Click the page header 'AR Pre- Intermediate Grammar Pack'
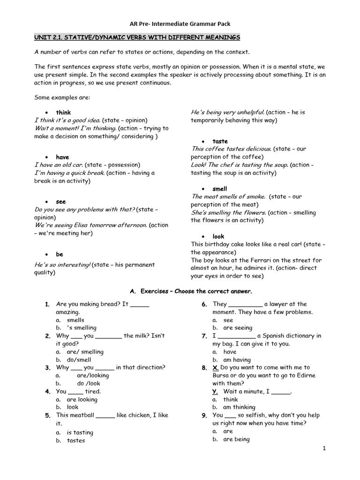[180, 23]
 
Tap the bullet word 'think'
[63, 112]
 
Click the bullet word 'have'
[62, 157]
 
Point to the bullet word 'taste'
[220, 141]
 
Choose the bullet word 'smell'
[219, 189]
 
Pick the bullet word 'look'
[218, 237]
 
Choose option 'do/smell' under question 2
[79, 360]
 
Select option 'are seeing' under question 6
[237, 328]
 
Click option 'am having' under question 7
[239, 360]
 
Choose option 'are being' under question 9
[236, 439]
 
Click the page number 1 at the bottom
[324, 449]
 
